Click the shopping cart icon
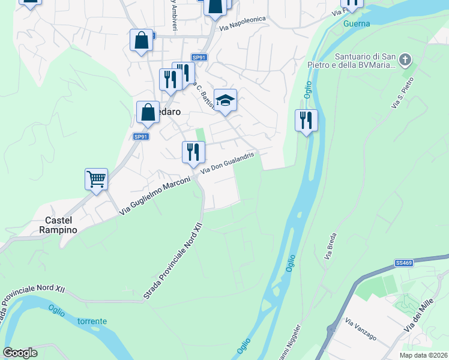click(96, 179)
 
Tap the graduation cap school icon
click(225, 101)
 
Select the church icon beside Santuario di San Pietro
click(405, 59)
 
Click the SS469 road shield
click(403, 263)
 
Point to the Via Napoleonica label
click(242, 19)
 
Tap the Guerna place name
click(357, 24)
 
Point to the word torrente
click(92, 321)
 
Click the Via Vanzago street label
click(361, 331)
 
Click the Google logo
click(20, 353)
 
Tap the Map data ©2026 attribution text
click(423, 355)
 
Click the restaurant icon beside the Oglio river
click(306, 121)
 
